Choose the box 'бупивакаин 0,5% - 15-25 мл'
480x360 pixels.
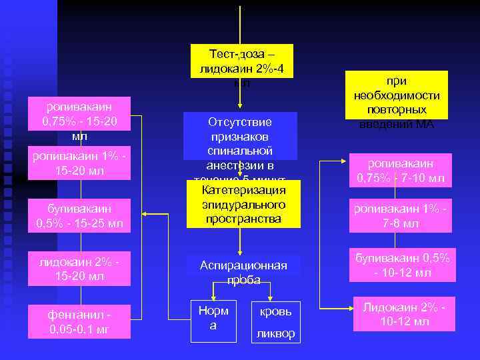coord(78,214)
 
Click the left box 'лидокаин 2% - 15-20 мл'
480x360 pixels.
coord(78,267)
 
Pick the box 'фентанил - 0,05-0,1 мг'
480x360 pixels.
coord(78,321)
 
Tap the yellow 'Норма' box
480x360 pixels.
coord(213,319)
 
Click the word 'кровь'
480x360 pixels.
coord(275,312)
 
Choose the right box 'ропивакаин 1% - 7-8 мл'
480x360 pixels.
coord(403,215)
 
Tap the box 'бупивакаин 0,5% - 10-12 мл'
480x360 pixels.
coord(403,265)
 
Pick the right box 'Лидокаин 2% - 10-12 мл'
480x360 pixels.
coord(403,314)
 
